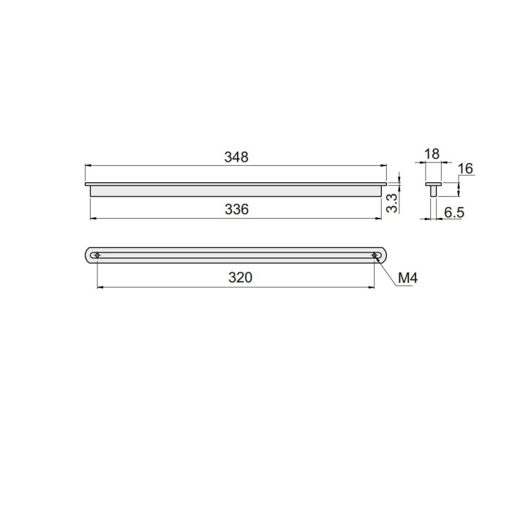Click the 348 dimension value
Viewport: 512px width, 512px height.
[x=236, y=157]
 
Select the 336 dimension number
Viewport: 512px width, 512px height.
[x=236, y=209]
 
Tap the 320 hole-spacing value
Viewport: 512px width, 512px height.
[x=241, y=277]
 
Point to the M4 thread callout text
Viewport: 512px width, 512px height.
[x=408, y=278]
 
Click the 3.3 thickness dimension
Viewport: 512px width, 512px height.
[x=392, y=203]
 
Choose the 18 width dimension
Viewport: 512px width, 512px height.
[x=432, y=154]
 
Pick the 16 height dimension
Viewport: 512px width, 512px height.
[x=465, y=169]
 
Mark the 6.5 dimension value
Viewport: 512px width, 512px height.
[x=454, y=213]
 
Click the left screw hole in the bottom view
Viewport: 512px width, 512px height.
[x=97, y=255]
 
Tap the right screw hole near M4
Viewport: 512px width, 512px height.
[x=374, y=255]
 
